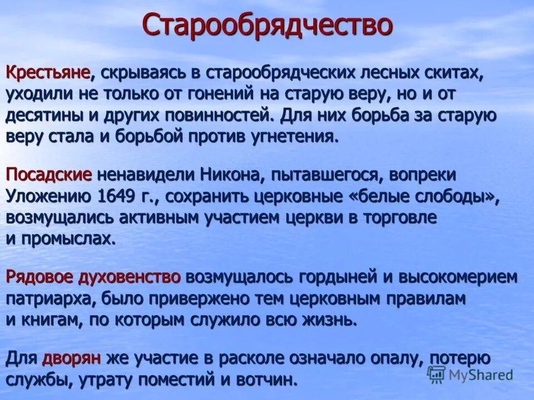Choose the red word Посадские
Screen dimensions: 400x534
click(49, 174)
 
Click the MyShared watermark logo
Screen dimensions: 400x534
click(471, 374)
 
